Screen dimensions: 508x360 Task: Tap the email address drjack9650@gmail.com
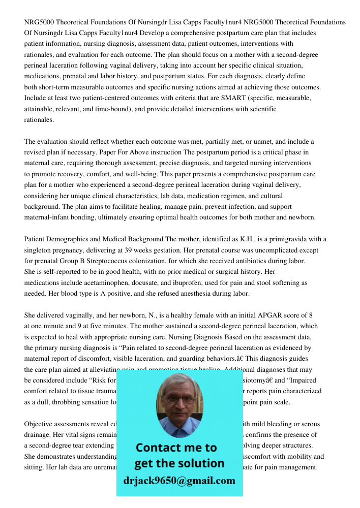tap(179, 481)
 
